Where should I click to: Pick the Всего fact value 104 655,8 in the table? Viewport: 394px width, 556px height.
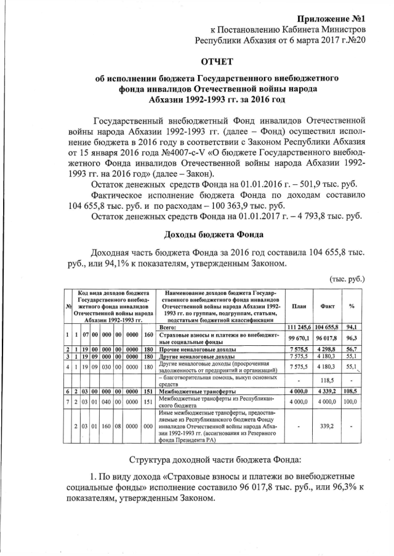[328, 327]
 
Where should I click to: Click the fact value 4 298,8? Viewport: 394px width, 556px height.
[328, 348]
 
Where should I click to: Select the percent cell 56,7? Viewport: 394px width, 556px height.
[352, 348]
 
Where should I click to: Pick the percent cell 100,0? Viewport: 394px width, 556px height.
[352, 402]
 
